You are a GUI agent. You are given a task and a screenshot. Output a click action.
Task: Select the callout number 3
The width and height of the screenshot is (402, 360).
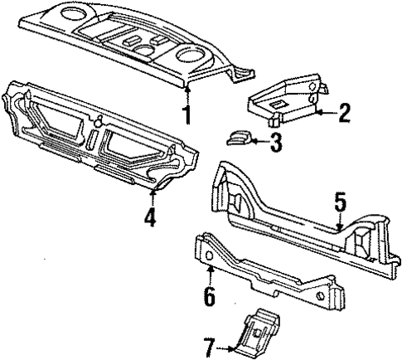point(276,142)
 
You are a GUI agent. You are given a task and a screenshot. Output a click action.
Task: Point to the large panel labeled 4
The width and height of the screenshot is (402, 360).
point(99,133)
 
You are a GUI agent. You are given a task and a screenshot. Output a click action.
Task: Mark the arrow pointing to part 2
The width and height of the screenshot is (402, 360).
point(326,111)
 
